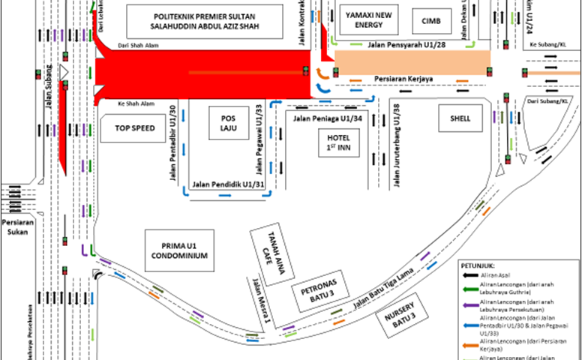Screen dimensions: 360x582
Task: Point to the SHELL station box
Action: click(x=460, y=118)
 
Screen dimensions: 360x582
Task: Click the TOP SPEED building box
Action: click(x=135, y=128)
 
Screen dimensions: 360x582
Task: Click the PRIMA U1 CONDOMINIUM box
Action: click(x=179, y=250)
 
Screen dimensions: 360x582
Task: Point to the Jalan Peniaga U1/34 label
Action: click(x=328, y=118)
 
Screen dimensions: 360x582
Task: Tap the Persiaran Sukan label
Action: click(x=16, y=227)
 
